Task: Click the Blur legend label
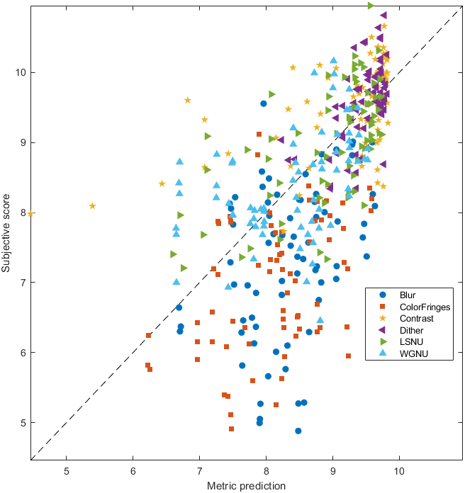pyautogui.click(x=408, y=295)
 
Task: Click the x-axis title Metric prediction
pyautogui.click(x=246, y=486)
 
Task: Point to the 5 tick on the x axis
pyautogui.click(x=67, y=470)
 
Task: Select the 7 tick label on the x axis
pyautogui.click(x=199, y=470)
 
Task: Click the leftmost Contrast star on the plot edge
pyautogui.click(x=30, y=213)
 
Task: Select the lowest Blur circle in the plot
pyautogui.click(x=298, y=431)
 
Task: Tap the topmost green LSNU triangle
pyautogui.click(x=371, y=6)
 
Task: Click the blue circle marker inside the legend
pyautogui.click(x=382, y=295)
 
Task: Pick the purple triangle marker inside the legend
pyautogui.click(x=382, y=330)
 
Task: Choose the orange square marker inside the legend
pyautogui.click(x=382, y=307)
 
